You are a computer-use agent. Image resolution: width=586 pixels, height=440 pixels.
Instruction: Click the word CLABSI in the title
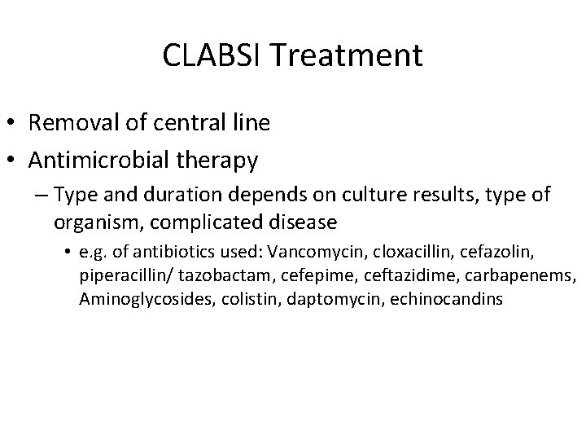click(214, 55)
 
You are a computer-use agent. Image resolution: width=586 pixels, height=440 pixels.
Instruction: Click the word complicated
click(198, 222)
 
